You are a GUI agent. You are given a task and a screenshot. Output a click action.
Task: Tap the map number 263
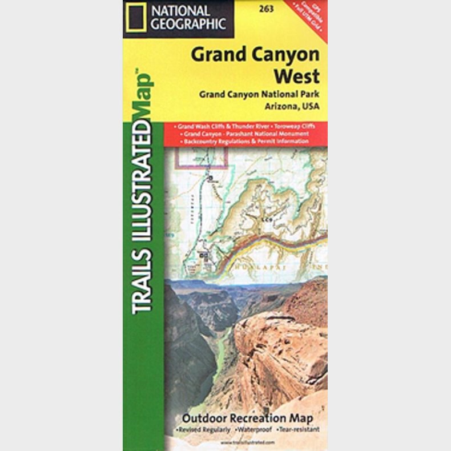click(265, 8)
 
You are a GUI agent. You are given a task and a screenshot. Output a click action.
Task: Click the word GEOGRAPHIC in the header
click(188, 24)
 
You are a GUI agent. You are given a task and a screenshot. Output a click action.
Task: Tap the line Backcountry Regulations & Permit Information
click(246, 140)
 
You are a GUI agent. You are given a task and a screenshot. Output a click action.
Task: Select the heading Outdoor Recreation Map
click(247, 417)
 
